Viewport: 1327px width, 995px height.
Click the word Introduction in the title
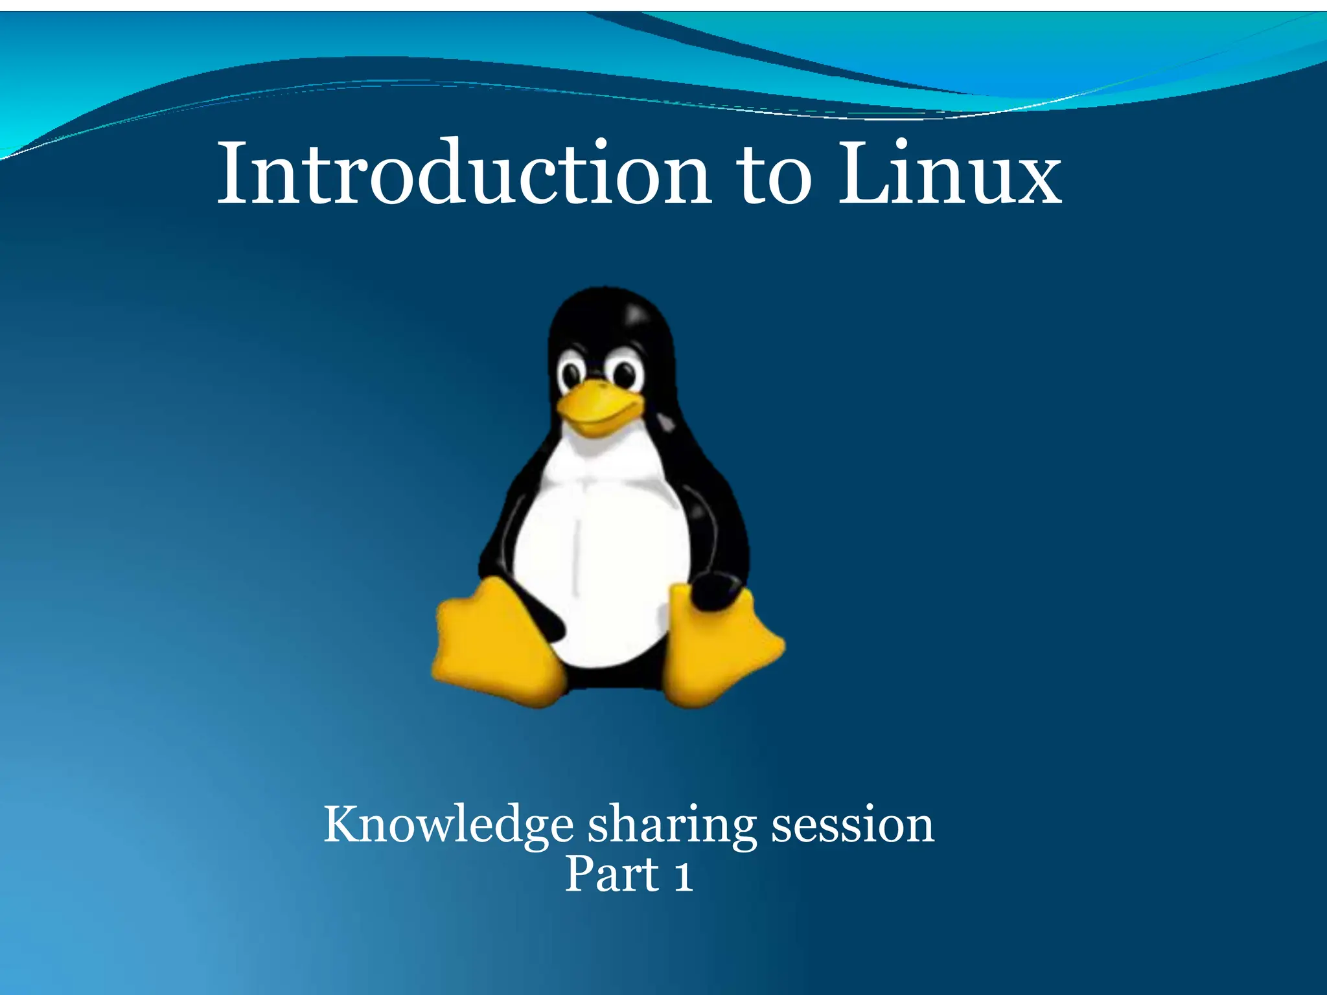pyautogui.click(x=464, y=174)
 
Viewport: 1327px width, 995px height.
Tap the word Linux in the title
pyautogui.click(x=950, y=174)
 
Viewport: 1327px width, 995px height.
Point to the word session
pyautogui.click(x=852, y=825)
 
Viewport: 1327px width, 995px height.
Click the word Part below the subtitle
pyautogui.click(x=612, y=875)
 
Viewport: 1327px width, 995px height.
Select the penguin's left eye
pyautogui.click(x=572, y=374)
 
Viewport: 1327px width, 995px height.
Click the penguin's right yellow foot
pyautogui.click(x=722, y=648)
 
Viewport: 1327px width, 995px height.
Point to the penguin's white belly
pyautogui.click(x=603, y=551)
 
